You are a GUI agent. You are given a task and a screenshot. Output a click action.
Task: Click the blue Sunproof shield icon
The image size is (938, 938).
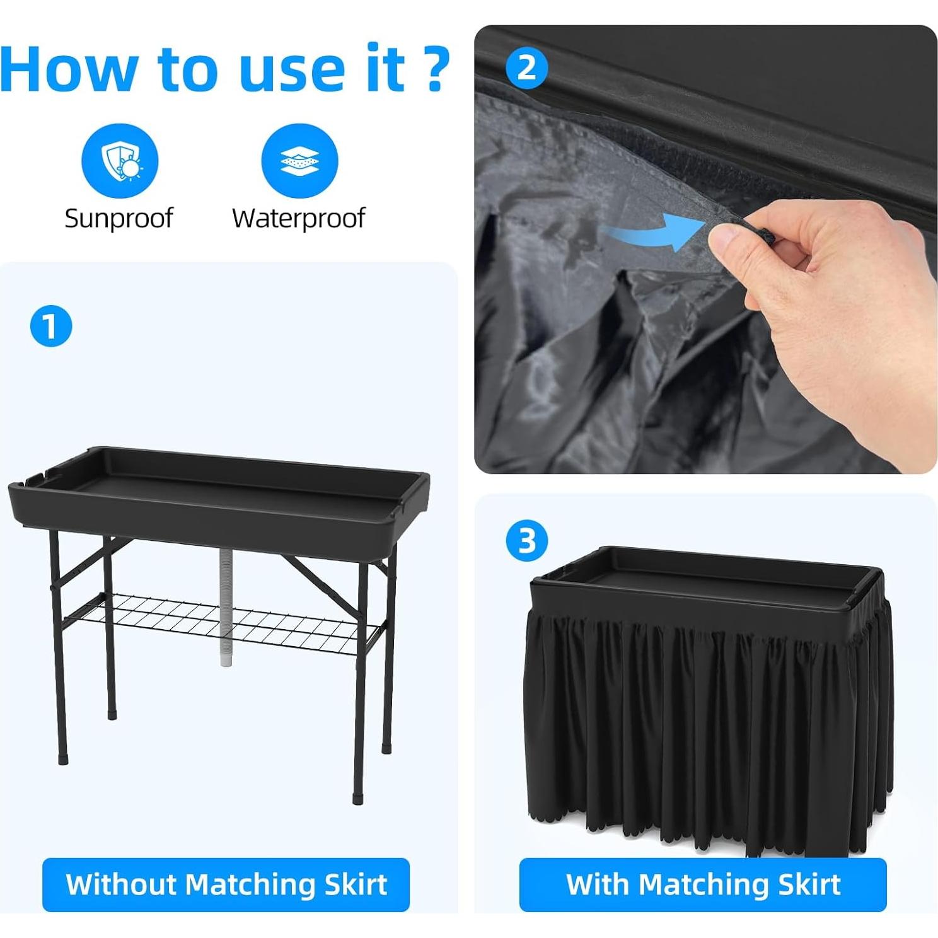(120, 161)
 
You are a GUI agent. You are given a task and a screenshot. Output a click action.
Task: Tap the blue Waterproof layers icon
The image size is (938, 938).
(299, 161)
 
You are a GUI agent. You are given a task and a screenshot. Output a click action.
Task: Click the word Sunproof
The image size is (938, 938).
(119, 218)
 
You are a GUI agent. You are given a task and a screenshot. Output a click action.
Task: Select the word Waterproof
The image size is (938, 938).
(298, 218)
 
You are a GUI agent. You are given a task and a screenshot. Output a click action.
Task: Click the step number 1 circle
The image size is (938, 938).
(51, 326)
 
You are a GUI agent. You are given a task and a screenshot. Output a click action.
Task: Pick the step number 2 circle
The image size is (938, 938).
(527, 67)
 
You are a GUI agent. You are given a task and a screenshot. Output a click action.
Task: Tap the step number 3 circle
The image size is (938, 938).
(527, 541)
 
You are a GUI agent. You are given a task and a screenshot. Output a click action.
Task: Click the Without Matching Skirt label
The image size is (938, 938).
(226, 884)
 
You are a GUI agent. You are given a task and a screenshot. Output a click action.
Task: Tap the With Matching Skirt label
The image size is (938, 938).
(703, 884)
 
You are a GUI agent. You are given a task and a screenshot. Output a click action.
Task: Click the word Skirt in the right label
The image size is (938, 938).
(809, 884)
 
